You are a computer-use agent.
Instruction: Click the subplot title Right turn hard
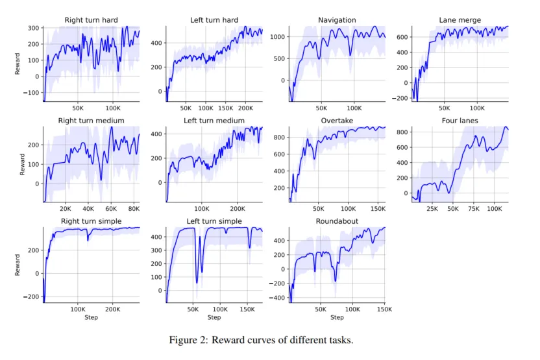92,20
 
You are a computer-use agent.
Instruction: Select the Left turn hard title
214,20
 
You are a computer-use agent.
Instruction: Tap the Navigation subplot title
337,20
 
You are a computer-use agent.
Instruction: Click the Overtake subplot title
337,121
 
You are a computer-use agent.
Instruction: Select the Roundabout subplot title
337,221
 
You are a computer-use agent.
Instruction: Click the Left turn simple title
214,221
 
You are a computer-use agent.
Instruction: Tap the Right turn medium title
92,121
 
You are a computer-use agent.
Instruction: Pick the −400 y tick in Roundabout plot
277,298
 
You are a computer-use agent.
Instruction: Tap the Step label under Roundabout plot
337,318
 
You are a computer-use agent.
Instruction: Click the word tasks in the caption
340,340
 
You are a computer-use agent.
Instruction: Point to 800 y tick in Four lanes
402,132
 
